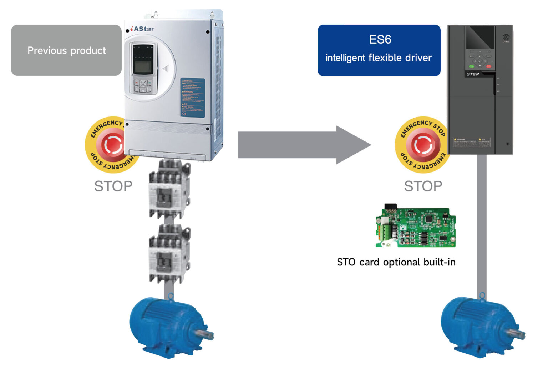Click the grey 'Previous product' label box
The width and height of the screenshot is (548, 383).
(66, 50)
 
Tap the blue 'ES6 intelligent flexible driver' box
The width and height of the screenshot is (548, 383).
(379, 50)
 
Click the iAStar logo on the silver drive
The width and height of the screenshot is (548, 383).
(143, 29)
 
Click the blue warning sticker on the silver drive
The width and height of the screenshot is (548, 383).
(192, 98)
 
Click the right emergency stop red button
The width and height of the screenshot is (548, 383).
(422, 145)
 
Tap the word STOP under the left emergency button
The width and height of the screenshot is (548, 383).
(113, 186)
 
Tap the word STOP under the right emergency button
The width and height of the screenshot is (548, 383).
(423, 186)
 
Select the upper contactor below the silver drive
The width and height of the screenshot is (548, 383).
(169, 189)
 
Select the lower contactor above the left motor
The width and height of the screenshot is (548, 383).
(169, 254)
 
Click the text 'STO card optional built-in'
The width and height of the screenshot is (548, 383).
(396, 262)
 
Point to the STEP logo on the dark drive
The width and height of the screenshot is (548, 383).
(473, 74)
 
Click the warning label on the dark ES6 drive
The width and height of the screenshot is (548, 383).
(472, 142)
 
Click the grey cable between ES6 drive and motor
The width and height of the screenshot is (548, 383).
(482, 225)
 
